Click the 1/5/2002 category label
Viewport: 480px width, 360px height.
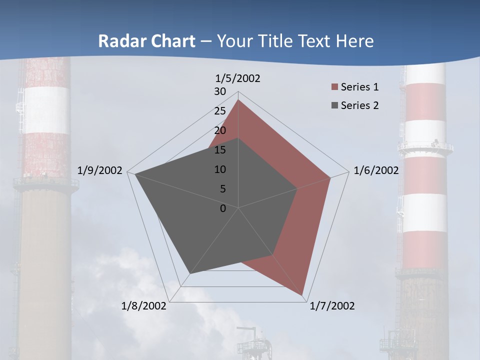tap(238, 78)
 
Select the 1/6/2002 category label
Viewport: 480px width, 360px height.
tap(376, 170)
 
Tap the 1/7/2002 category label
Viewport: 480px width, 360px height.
tap(332, 305)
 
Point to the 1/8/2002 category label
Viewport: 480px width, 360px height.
tap(144, 305)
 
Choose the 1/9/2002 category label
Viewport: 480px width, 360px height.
tap(100, 170)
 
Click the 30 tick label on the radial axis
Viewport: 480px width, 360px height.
tap(220, 91)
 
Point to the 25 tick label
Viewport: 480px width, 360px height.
tap(220, 111)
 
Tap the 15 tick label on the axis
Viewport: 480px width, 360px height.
tap(220, 150)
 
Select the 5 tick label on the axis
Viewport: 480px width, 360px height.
tap(223, 189)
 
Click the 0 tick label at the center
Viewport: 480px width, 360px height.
tap(223, 208)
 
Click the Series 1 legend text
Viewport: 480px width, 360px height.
tap(359, 87)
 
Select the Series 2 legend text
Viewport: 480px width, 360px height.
tap(359, 105)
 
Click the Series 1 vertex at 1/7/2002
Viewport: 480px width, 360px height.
tap(303, 295)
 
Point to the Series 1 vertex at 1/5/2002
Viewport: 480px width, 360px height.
tap(238, 100)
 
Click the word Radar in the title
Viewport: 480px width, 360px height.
tap(120, 41)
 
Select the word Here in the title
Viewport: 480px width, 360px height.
tap(355, 41)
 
